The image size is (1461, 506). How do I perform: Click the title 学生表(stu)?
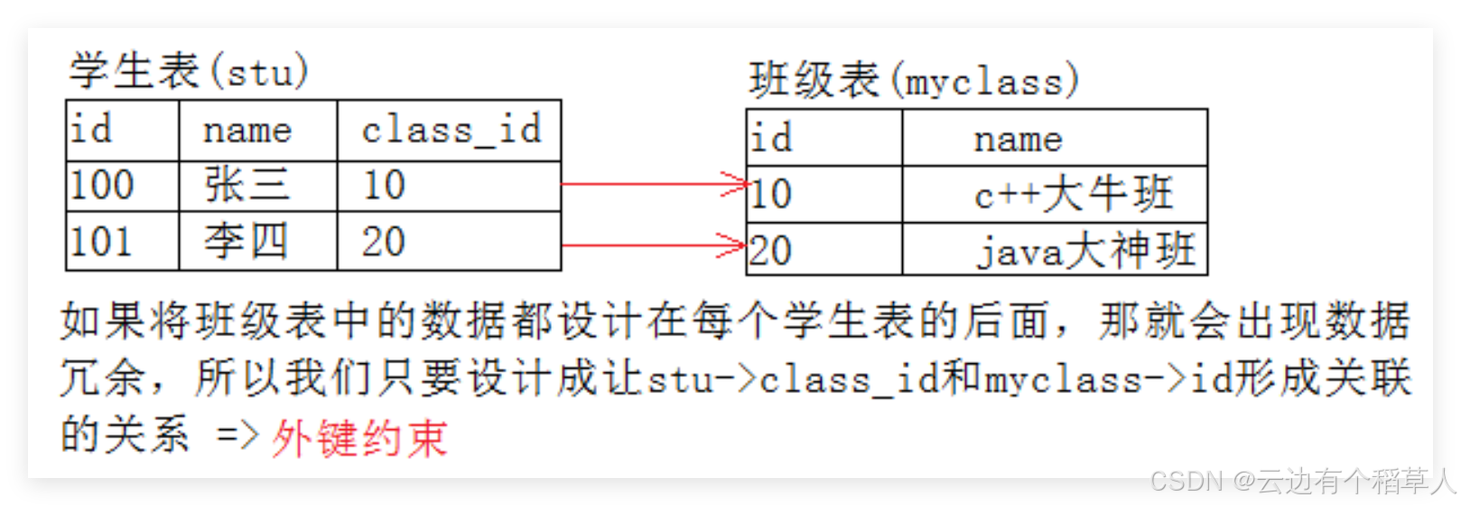pyautogui.click(x=189, y=71)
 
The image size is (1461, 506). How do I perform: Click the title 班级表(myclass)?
pyautogui.click(x=913, y=80)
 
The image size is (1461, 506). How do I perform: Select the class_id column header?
pyautogui.click(x=451, y=130)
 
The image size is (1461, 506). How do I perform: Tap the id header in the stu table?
pyautogui.click(x=92, y=130)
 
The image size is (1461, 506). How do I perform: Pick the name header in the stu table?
pyautogui.click(x=247, y=131)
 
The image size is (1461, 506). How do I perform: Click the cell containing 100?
pyautogui.click(x=102, y=186)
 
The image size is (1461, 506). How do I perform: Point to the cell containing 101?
pyautogui.click(x=102, y=241)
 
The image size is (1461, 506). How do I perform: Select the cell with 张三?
pyautogui.click(x=247, y=186)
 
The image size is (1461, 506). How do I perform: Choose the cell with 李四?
pyautogui.click(x=246, y=241)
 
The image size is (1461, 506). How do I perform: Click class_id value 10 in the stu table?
pyautogui.click(x=384, y=186)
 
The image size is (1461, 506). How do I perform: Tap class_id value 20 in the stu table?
pyautogui.click(x=384, y=241)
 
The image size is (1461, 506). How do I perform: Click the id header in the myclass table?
pyautogui.click(x=772, y=138)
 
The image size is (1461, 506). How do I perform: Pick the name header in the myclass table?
pyautogui.click(x=1018, y=139)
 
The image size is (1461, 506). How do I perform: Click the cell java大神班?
pyautogui.click(x=1084, y=250)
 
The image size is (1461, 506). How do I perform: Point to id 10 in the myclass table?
pyautogui.click(x=770, y=194)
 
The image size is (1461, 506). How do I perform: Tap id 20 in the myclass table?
pyautogui.click(x=770, y=250)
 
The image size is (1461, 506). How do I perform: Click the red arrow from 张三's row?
pyautogui.click(x=653, y=183)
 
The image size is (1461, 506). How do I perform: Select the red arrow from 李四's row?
pyautogui.click(x=653, y=244)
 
